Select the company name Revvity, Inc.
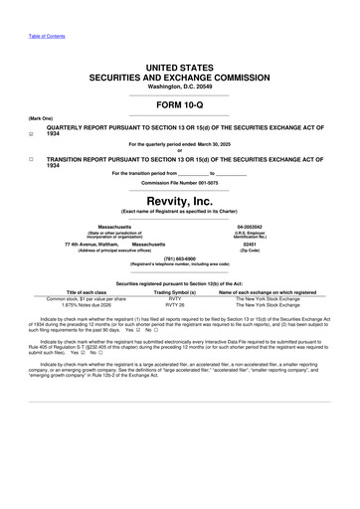[179, 199]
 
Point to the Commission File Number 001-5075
[179, 184]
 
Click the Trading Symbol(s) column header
[175, 291]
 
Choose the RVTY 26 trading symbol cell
[175, 304]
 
